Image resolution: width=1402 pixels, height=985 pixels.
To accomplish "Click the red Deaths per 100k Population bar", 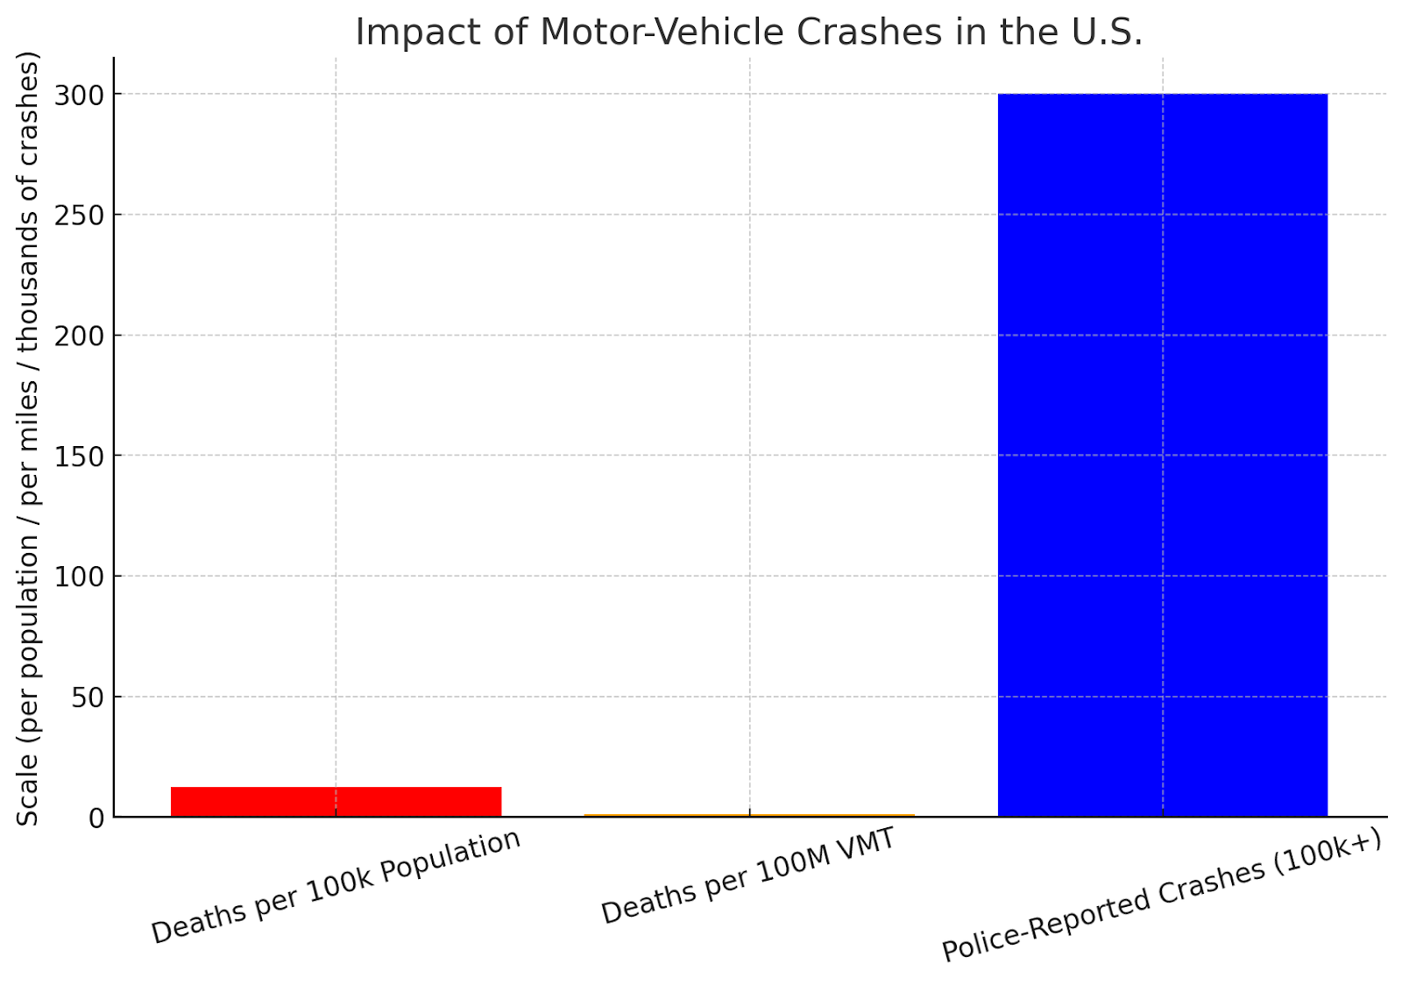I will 336,802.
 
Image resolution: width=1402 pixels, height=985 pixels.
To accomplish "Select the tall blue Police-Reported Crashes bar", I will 1162,456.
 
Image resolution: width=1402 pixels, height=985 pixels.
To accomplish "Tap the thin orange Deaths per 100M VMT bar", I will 749,815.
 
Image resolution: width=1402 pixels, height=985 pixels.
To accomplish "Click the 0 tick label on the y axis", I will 96,818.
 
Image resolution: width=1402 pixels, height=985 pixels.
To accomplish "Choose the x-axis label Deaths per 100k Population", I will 336,886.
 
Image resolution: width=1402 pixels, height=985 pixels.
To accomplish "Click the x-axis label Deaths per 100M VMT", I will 748,875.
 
